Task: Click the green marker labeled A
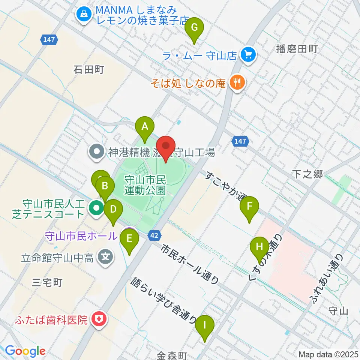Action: pos(145,127)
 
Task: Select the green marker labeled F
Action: pos(249,207)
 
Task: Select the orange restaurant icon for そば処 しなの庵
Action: pos(237,82)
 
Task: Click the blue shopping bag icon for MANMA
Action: pos(82,15)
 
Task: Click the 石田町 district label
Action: pos(88,70)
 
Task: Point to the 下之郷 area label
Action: pos(307,174)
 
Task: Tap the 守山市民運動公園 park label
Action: pos(145,184)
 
